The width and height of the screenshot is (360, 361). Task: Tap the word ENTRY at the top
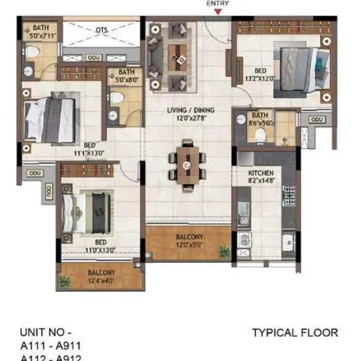click(216, 3)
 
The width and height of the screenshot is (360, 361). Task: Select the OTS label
click(102, 30)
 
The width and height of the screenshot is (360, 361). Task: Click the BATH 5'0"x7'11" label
click(41, 31)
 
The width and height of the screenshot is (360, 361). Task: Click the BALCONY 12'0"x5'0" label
click(188, 240)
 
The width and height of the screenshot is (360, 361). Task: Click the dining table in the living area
click(186, 163)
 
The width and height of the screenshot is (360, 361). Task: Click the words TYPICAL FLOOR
click(295, 333)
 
